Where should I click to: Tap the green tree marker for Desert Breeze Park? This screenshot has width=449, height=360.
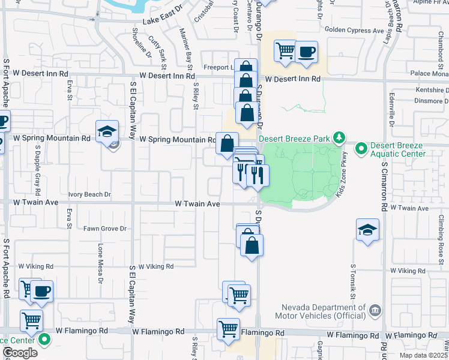[x=339, y=138]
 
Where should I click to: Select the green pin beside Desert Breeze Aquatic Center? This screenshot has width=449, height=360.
[x=361, y=148]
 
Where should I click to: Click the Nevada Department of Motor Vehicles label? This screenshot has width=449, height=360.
[x=321, y=310]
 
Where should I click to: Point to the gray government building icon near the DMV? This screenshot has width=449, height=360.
[x=375, y=310]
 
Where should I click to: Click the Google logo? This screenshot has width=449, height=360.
[x=20, y=353]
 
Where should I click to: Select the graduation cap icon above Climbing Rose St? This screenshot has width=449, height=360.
[x=367, y=229]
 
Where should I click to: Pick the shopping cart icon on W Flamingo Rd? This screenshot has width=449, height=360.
[x=228, y=328]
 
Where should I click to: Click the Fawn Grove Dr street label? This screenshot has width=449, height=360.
[x=105, y=229]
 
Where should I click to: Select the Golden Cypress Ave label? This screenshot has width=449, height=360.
[x=354, y=30]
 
